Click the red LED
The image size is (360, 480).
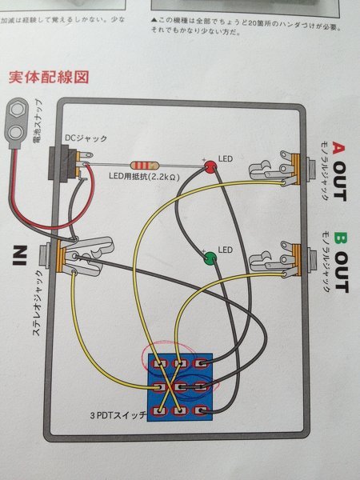pyautogui.click(x=210, y=166)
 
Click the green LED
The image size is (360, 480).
pyautogui.click(x=210, y=258)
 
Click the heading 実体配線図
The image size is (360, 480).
pyautogui.click(x=48, y=78)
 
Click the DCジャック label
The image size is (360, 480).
pyautogui.click(x=85, y=138)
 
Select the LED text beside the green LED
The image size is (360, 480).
pyautogui.click(x=226, y=250)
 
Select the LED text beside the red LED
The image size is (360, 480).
pyautogui.click(x=226, y=159)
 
